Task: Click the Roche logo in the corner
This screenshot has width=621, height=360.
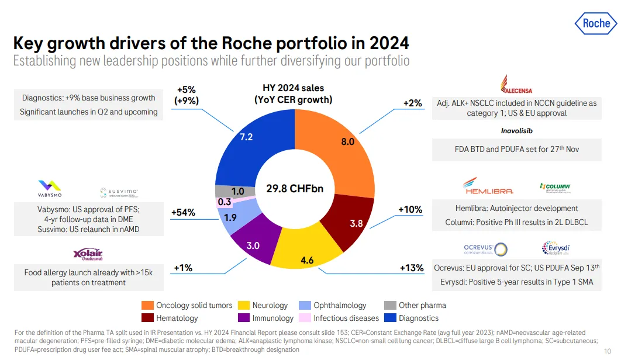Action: [595, 23]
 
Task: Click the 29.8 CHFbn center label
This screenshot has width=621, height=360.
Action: [294, 189]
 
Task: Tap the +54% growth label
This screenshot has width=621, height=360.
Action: [183, 213]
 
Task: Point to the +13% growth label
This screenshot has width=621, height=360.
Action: [411, 268]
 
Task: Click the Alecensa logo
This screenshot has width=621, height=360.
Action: [516, 84]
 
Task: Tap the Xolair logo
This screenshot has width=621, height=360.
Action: [88, 254]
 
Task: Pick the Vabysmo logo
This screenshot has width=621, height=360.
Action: [49, 188]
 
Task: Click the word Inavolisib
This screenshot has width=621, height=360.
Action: [516, 130]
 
